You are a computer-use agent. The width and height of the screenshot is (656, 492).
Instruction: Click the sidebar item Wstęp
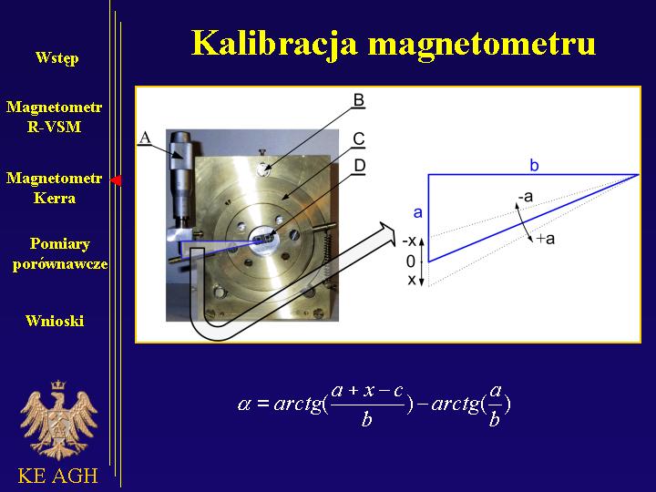[56, 57]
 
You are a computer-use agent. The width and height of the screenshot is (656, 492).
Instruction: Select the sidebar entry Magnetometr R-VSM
[54, 117]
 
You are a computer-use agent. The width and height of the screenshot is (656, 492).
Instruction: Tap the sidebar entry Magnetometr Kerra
[54, 188]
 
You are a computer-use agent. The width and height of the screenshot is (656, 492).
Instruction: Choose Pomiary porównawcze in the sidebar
[60, 254]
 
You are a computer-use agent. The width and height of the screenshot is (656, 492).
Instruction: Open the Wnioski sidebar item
[55, 321]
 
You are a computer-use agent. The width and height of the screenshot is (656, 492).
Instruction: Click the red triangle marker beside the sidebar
[117, 180]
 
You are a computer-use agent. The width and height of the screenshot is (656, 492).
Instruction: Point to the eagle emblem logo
[58, 420]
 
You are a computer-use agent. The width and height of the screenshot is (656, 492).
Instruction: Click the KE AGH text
[57, 476]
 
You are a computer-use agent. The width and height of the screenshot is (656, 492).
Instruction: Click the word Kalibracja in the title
[275, 43]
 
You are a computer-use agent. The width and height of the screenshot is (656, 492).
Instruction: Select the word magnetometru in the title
[482, 45]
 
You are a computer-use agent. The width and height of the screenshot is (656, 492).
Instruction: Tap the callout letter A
[145, 138]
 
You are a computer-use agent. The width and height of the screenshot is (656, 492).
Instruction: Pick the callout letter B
[359, 100]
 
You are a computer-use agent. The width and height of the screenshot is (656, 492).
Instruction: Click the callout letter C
[359, 138]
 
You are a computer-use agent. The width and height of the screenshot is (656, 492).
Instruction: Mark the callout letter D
[359, 166]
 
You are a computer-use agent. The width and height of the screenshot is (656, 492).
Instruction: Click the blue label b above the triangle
[534, 166]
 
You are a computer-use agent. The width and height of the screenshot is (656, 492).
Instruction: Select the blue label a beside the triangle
[418, 213]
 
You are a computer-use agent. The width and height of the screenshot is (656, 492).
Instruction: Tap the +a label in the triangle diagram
[546, 239]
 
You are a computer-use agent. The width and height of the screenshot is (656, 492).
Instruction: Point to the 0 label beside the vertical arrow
[411, 261]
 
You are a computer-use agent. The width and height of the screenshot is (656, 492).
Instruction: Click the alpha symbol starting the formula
[244, 404]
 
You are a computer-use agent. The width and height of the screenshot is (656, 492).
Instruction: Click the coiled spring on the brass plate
[328, 256]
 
